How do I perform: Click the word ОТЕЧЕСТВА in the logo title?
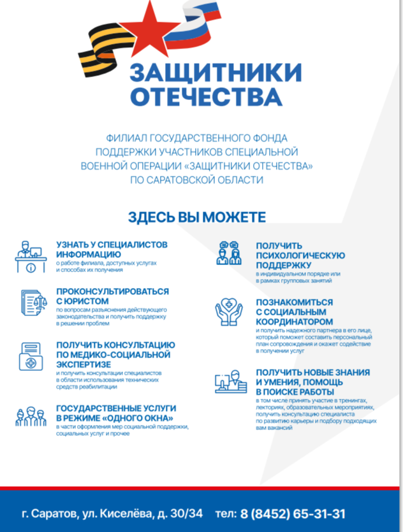pos(205,97)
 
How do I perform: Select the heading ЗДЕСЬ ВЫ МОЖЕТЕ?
pos(197,217)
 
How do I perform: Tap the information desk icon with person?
pos(29,257)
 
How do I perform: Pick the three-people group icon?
pos(29,417)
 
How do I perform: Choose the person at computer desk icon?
pos(229,382)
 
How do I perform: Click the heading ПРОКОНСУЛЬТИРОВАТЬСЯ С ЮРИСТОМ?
pos(112,296)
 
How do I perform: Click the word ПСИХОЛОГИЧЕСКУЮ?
pos(300,255)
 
